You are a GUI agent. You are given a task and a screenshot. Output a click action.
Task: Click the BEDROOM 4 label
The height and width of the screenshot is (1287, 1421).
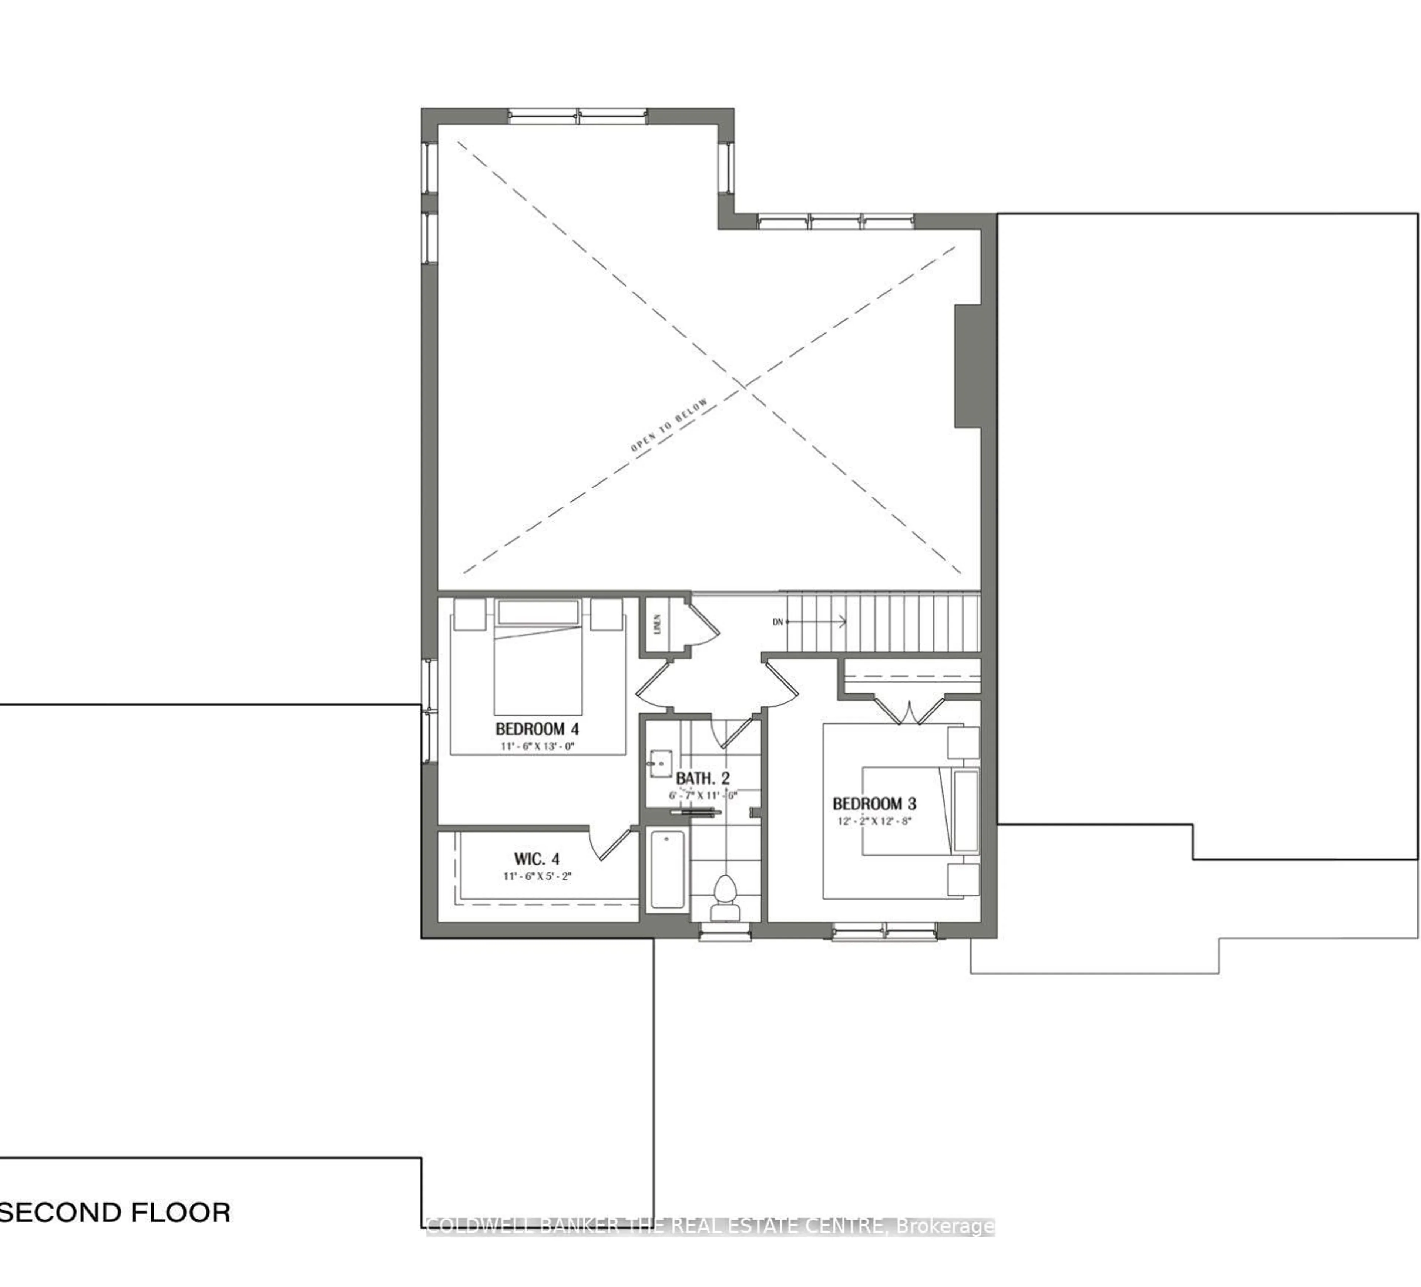537,729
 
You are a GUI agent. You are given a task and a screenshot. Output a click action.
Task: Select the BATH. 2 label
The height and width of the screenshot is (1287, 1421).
703,779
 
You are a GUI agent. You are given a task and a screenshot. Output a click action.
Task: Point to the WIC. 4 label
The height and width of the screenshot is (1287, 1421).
537,859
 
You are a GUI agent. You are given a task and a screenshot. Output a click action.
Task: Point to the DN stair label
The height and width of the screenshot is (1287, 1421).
777,622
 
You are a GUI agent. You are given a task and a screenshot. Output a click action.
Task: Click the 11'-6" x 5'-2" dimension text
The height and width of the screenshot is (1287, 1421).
537,876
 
